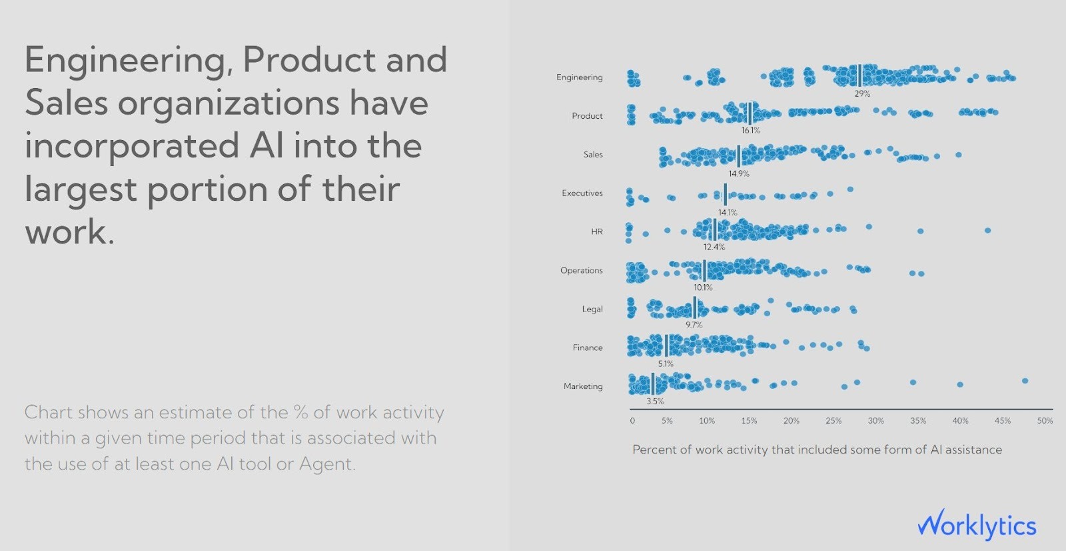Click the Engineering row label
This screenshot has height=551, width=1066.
click(x=579, y=77)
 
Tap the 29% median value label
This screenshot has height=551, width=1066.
click(x=862, y=94)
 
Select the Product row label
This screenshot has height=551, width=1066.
click(x=587, y=116)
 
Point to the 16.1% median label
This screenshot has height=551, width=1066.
click(x=751, y=131)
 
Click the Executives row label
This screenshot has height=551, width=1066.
click(x=582, y=193)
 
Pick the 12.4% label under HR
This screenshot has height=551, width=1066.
click(x=714, y=247)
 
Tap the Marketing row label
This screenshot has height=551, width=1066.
click(x=583, y=386)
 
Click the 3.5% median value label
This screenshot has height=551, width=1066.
click(x=655, y=402)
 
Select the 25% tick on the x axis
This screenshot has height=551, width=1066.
click(x=833, y=421)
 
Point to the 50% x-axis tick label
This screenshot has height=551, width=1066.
click(x=1045, y=421)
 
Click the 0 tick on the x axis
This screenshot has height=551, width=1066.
click(x=632, y=421)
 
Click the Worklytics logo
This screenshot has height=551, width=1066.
click(x=977, y=526)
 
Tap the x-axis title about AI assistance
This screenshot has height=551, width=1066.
click(x=817, y=450)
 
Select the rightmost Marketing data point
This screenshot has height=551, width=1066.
click(x=1025, y=381)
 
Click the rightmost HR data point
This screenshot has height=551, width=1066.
click(x=987, y=230)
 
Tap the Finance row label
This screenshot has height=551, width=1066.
click(x=587, y=348)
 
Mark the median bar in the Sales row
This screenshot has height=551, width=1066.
click(x=739, y=156)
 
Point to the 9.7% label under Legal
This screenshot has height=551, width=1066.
click(x=694, y=325)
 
